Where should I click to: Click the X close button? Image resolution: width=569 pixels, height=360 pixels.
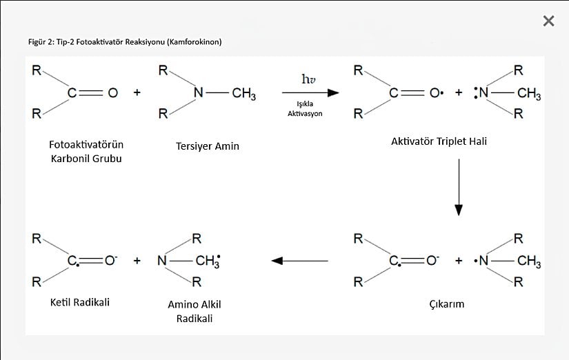tap(548, 21)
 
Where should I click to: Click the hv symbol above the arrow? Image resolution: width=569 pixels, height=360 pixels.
tap(309, 80)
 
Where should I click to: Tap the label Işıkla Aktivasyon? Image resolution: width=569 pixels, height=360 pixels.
tap(305, 108)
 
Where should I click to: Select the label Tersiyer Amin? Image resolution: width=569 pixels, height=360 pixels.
tap(208, 146)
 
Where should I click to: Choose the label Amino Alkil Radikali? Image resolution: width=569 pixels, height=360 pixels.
tap(194, 311)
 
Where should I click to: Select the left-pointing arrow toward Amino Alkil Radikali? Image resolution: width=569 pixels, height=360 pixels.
tap(299, 261)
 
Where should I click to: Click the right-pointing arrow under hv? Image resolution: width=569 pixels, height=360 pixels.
tap(310, 92)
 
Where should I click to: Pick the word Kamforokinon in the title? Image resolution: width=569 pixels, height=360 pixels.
tap(195, 42)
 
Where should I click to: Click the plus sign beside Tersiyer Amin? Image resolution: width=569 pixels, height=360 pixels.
tap(137, 93)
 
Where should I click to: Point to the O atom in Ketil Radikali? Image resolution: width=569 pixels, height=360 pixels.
tap(110, 261)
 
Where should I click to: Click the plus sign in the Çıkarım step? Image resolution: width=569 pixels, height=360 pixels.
tap(459, 261)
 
